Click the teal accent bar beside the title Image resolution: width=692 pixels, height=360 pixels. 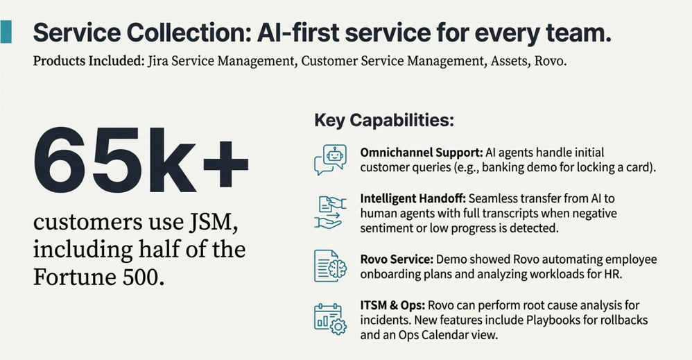click(x=6, y=32)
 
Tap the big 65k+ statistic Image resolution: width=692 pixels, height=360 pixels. click(x=141, y=161)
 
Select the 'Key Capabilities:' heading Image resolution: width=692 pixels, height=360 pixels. click(x=384, y=120)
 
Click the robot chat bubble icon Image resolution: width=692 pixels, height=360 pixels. click(x=331, y=160)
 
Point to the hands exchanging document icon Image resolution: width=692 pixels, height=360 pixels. click(x=330, y=212)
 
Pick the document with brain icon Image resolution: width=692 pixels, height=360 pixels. click(x=330, y=266)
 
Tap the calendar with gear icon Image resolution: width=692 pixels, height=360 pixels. click(x=330, y=319)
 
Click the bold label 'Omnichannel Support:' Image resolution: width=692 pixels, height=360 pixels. click(x=422, y=153)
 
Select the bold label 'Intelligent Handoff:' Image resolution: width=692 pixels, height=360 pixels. click(x=413, y=199)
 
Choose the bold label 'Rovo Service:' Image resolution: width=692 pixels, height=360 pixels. click(x=397, y=259)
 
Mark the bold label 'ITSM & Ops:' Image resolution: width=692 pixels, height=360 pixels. click(x=392, y=305)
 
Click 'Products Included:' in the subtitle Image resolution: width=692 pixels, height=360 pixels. click(x=89, y=60)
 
